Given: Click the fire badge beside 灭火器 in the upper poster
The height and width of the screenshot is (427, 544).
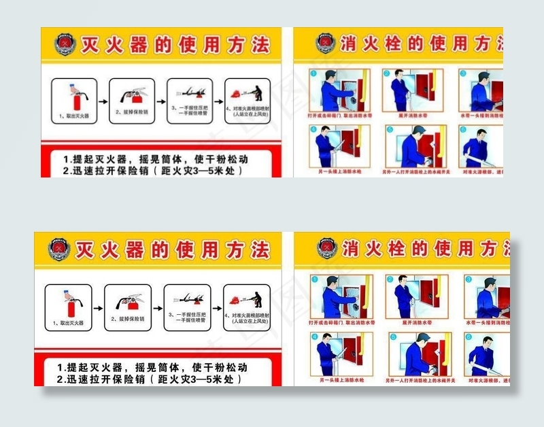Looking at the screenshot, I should point(63,46).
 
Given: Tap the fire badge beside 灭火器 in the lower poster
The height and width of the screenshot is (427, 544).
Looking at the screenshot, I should point(59,250).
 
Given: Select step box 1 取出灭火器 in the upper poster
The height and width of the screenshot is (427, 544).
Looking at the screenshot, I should point(73,101).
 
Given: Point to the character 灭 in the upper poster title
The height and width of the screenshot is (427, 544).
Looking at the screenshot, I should point(92,46).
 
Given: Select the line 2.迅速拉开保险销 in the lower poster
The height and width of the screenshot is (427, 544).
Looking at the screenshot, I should point(150,379).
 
